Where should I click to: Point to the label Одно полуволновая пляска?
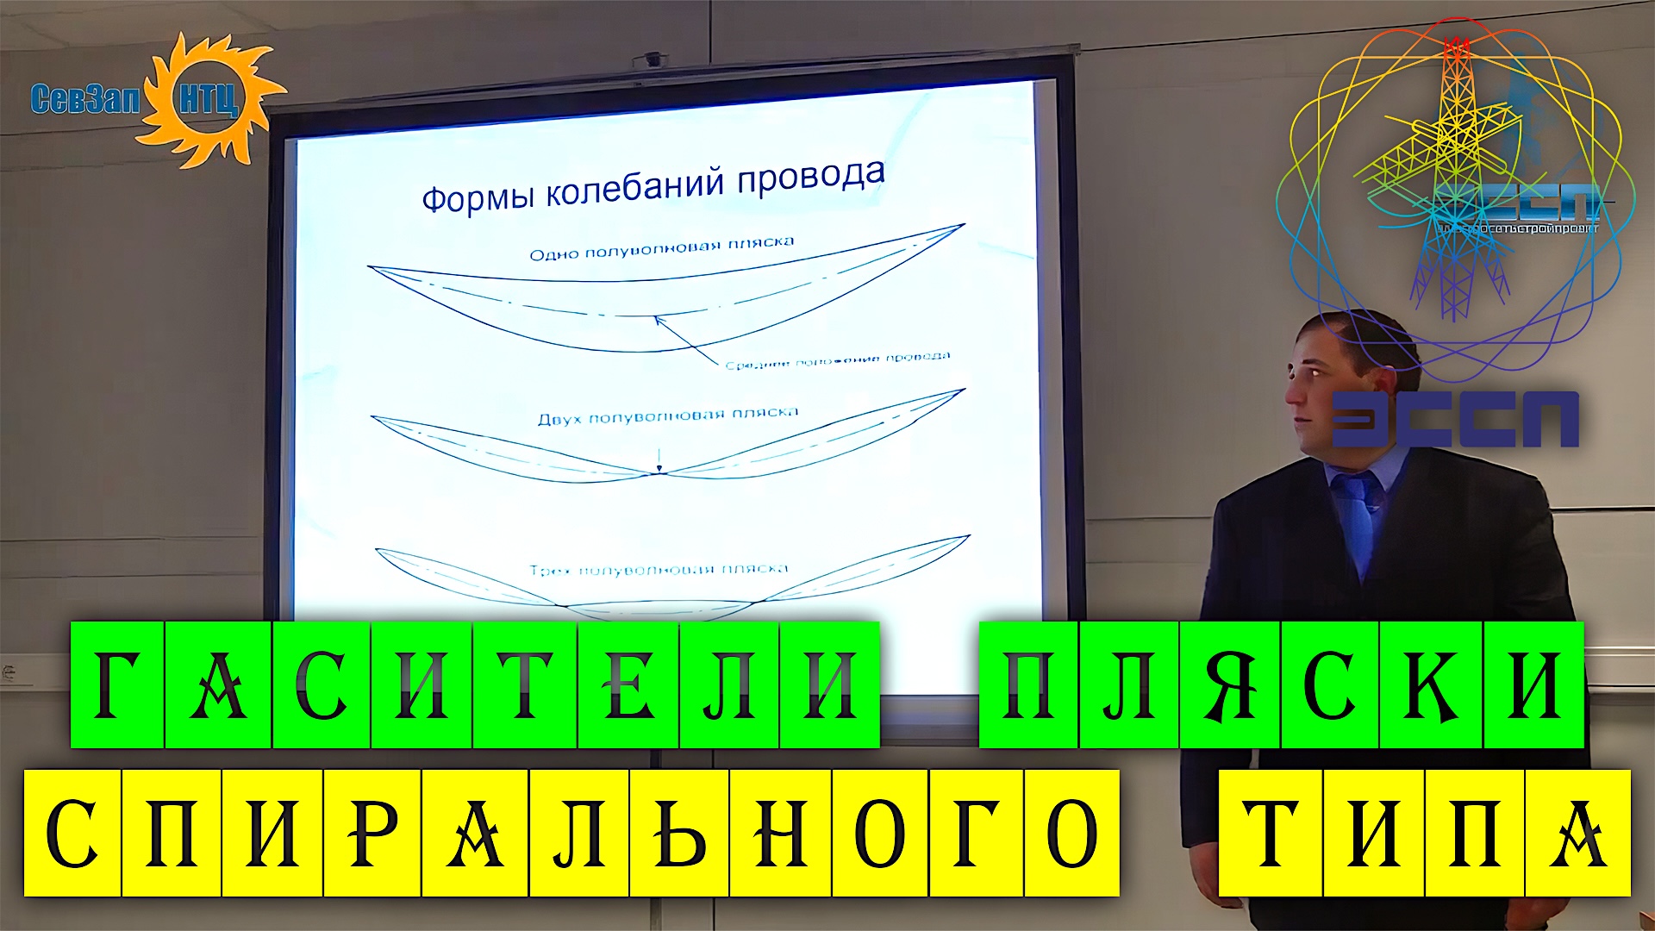pyautogui.click(x=661, y=248)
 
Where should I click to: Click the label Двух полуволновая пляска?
pyautogui.click(x=667, y=417)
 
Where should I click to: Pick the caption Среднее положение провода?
pyautogui.click(x=837, y=360)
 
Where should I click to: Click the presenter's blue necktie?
pyautogui.click(x=1357, y=517)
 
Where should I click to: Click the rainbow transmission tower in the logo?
pyautogui.click(x=1457, y=172)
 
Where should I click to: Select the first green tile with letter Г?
pyautogui.click(x=117, y=684)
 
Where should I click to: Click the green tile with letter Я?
pyautogui.click(x=1230, y=684)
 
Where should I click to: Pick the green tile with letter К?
pyautogui.click(x=1431, y=684)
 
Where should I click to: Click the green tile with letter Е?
pyautogui.click(x=628, y=684)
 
